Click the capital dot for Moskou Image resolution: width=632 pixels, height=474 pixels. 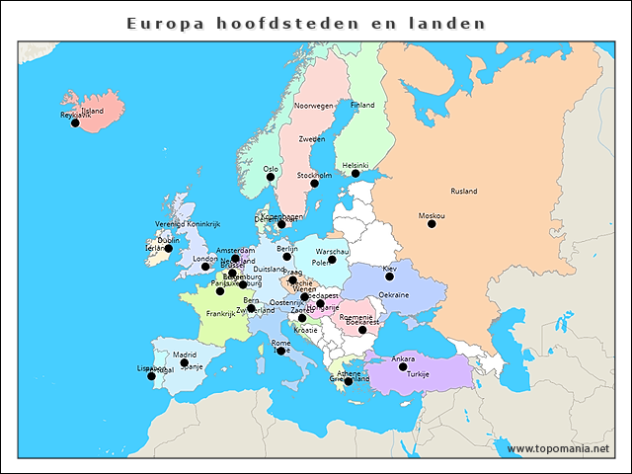click(432, 224)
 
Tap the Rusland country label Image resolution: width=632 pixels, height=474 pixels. click(463, 192)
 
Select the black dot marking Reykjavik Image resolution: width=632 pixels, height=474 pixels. click(75, 123)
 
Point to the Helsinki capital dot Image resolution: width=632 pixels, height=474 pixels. click(355, 174)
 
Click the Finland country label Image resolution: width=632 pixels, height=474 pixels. click(362, 105)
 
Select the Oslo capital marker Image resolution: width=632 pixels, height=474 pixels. click(271, 178)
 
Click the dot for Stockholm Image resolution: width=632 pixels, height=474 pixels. click(314, 184)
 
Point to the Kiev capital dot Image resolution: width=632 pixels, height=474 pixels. click(390, 276)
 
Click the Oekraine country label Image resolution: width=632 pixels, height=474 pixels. click(394, 294)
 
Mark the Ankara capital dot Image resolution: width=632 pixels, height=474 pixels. click(403, 367)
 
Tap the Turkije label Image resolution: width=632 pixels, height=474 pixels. click(419, 375)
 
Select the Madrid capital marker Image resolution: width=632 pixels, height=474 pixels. click(185, 363)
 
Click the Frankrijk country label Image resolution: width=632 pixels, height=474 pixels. click(220, 314)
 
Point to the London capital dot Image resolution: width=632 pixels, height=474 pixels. click(205, 267)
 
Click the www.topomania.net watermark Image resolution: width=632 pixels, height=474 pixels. click(558, 449)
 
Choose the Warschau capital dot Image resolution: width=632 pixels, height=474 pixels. click(332, 260)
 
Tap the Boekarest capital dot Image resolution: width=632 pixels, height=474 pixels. click(362, 330)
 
